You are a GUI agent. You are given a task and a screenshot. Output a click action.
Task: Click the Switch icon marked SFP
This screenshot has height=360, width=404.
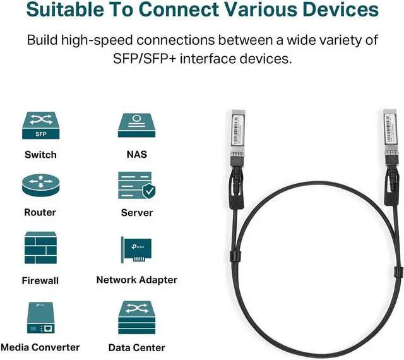[40, 125]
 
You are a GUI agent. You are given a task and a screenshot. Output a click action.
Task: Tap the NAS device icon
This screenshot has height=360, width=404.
[136, 125]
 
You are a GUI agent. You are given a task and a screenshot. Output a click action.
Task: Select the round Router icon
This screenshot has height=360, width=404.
[40, 185]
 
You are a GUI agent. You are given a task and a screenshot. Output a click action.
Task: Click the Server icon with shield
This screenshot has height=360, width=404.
[136, 186]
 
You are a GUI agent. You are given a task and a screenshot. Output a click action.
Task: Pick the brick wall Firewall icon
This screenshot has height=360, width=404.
[40, 248]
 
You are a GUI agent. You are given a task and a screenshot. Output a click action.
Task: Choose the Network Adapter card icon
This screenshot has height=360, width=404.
[136, 249]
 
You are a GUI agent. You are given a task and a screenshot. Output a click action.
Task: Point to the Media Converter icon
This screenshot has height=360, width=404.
[40, 318]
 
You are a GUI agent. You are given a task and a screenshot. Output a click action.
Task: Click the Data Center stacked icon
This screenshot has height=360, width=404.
[136, 318]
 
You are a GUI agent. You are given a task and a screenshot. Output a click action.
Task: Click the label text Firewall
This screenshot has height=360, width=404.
[40, 280]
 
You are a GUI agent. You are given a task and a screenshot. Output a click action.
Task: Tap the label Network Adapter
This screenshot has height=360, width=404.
[137, 280]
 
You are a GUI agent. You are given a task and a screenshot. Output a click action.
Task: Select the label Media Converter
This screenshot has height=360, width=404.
[40, 347]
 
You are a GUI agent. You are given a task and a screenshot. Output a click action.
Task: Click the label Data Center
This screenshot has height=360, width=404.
[137, 347]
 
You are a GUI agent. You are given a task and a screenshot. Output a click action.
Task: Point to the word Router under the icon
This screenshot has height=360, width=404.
[40, 212]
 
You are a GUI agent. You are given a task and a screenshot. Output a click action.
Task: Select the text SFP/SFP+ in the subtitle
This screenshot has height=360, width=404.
[145, 59]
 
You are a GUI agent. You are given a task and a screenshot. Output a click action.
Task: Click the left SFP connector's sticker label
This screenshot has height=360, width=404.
[238, 129]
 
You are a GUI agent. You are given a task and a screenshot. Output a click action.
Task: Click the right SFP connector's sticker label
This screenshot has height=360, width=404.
[389, 128]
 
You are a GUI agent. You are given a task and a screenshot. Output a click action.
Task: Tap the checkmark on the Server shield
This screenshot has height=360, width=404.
[150, 191]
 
